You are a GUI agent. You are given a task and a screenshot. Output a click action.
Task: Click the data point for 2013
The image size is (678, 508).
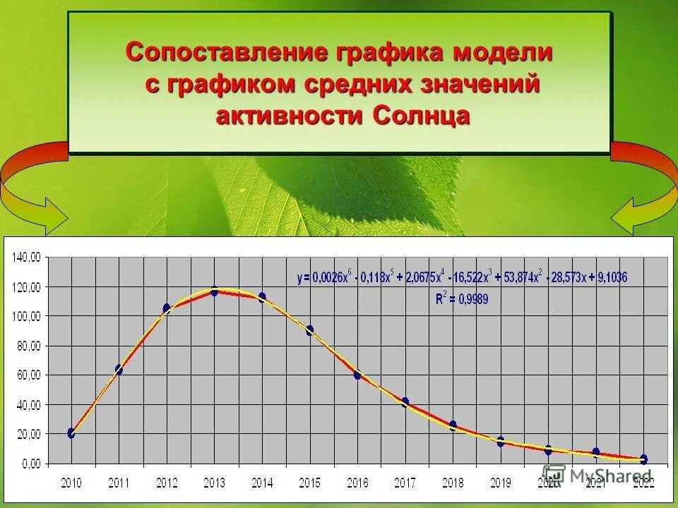214,291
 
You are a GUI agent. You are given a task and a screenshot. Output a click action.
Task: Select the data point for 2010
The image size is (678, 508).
71,433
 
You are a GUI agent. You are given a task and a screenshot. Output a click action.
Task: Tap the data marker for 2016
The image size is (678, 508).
357,375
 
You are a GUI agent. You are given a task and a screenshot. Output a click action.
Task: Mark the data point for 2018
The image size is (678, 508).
453,425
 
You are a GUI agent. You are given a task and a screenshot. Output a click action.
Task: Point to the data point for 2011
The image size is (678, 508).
119,370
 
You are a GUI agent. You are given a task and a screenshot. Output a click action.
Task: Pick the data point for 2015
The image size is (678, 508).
309,329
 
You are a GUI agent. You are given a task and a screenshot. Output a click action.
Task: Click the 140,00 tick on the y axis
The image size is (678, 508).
27,258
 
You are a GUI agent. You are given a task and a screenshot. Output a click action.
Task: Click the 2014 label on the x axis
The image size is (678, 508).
261,483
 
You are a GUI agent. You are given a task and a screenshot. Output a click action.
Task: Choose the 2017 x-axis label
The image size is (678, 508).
405,483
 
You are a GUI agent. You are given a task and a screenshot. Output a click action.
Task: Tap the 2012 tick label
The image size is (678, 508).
166,483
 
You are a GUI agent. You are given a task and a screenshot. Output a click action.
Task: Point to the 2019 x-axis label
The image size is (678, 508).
500,483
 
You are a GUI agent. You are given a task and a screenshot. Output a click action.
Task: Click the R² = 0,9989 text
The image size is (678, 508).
462,298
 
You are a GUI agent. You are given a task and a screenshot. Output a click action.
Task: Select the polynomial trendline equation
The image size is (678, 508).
461,277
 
